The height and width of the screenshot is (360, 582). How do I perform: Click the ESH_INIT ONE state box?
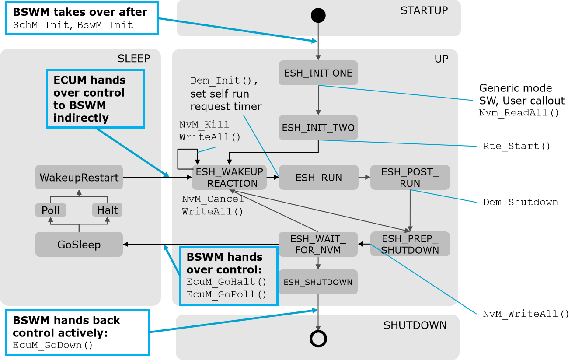(318, 73)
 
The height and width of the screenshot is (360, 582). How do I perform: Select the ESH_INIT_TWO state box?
(318, 128)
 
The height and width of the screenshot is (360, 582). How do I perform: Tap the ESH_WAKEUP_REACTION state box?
(229, 177)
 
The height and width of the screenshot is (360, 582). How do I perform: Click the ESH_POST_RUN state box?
(410, 177)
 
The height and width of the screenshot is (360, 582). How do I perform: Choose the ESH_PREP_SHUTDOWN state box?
(410, 244)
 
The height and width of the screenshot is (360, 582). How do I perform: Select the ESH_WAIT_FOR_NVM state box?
(318, 244)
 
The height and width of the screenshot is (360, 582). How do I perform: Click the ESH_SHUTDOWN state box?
(318, 282)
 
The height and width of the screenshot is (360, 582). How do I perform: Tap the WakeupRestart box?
(79, 177)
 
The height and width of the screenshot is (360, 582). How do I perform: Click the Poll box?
(51, 210)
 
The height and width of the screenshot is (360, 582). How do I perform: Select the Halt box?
(108, 210)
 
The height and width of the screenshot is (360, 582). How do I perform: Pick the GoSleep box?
(79, 244)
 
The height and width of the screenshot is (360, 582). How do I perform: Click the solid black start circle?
(318, 15)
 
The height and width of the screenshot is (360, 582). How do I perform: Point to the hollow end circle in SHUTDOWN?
(318, 338)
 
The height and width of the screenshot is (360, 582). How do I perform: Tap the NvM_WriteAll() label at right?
(526, 314)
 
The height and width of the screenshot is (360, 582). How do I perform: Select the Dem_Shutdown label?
(520, 202)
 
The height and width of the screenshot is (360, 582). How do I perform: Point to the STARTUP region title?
(424, 10)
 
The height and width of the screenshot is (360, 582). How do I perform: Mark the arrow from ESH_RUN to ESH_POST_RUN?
(364, 177)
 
